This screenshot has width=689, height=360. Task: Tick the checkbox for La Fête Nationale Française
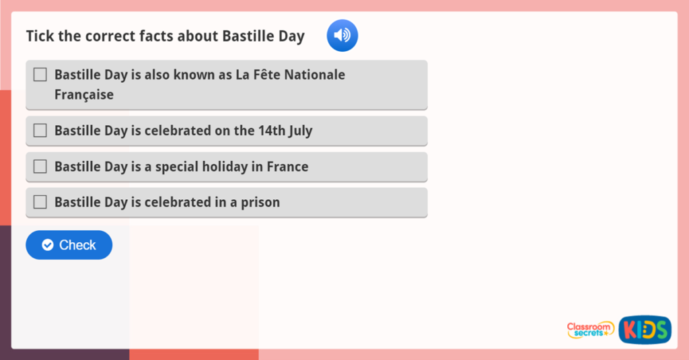40,75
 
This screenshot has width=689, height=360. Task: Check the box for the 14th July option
40,131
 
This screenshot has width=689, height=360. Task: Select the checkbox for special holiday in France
40,166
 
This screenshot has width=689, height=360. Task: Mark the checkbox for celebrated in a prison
40,202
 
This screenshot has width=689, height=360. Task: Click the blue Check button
69,245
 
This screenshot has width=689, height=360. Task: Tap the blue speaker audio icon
342,36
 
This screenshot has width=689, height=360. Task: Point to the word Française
84,95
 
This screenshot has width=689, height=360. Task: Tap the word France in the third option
287,166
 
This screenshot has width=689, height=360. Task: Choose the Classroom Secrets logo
590,329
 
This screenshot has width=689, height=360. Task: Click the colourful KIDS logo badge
645,330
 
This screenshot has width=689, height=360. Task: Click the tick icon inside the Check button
48,245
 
